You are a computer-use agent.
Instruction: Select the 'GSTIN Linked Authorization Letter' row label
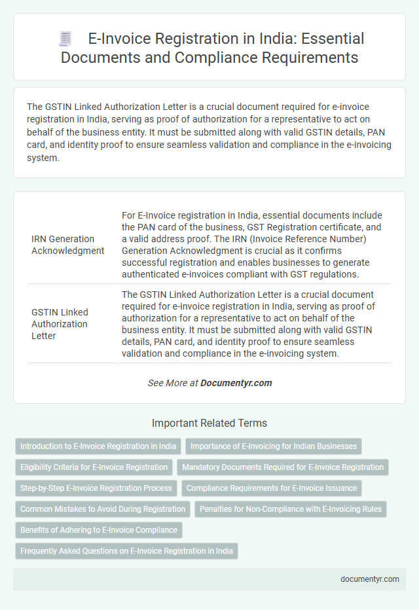point(60,323)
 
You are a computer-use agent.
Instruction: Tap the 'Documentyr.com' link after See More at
point(236,383)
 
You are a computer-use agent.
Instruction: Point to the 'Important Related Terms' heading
point(209,423)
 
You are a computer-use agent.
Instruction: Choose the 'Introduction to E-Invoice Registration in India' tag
point(98,446)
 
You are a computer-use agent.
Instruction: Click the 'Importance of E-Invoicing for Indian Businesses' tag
point(274,446)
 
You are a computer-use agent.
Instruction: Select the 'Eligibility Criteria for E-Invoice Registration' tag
point(94,467)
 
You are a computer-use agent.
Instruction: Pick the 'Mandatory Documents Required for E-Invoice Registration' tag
point(283,467)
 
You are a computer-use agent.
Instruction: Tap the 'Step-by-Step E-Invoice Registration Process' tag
point(96,488)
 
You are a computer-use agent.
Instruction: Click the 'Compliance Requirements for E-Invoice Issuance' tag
point(271,488)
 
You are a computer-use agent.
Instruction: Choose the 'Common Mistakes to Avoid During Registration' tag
point(103,509)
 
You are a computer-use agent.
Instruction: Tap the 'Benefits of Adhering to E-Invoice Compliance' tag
point(99,530)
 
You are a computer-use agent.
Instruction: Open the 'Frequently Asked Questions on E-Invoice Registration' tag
point(126,551)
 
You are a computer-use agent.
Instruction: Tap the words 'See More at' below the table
point(173,383)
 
